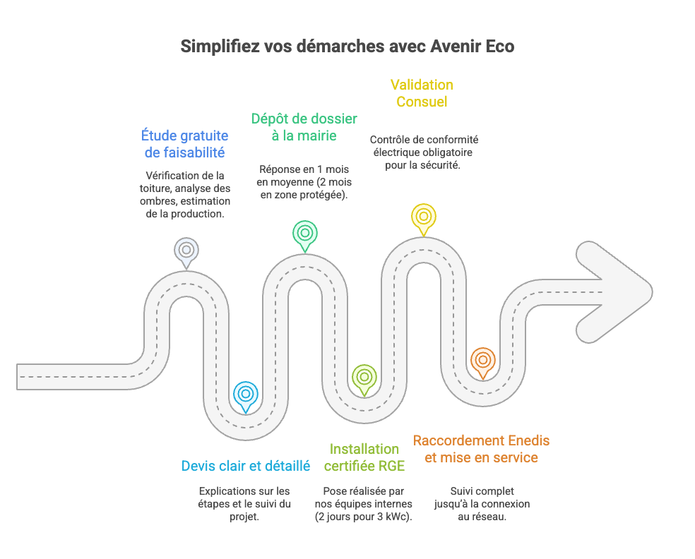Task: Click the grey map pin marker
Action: click(x=186, y=251)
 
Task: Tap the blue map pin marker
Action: click(x=245, y=394)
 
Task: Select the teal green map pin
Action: click(x=305, y=233)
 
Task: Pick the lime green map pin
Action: click(x=364, y=377)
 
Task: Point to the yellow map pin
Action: click(x=423, y=216)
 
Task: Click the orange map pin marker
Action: click(x=482, y=361)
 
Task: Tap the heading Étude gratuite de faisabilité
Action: click(x=184, y=143)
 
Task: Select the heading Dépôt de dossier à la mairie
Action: click(x=304, y=127)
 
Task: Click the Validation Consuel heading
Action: click(x=422, y=93)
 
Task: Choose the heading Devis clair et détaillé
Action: click(x=246, y=466)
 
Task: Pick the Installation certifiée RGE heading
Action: click(x=364, y=457)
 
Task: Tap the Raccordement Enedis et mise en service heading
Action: click(x=482, y=449)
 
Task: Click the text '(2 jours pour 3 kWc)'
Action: click(x=364, y=516)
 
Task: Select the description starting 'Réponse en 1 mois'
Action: click(x=304, y=182)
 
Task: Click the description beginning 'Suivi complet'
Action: click(x=482, y=503)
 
